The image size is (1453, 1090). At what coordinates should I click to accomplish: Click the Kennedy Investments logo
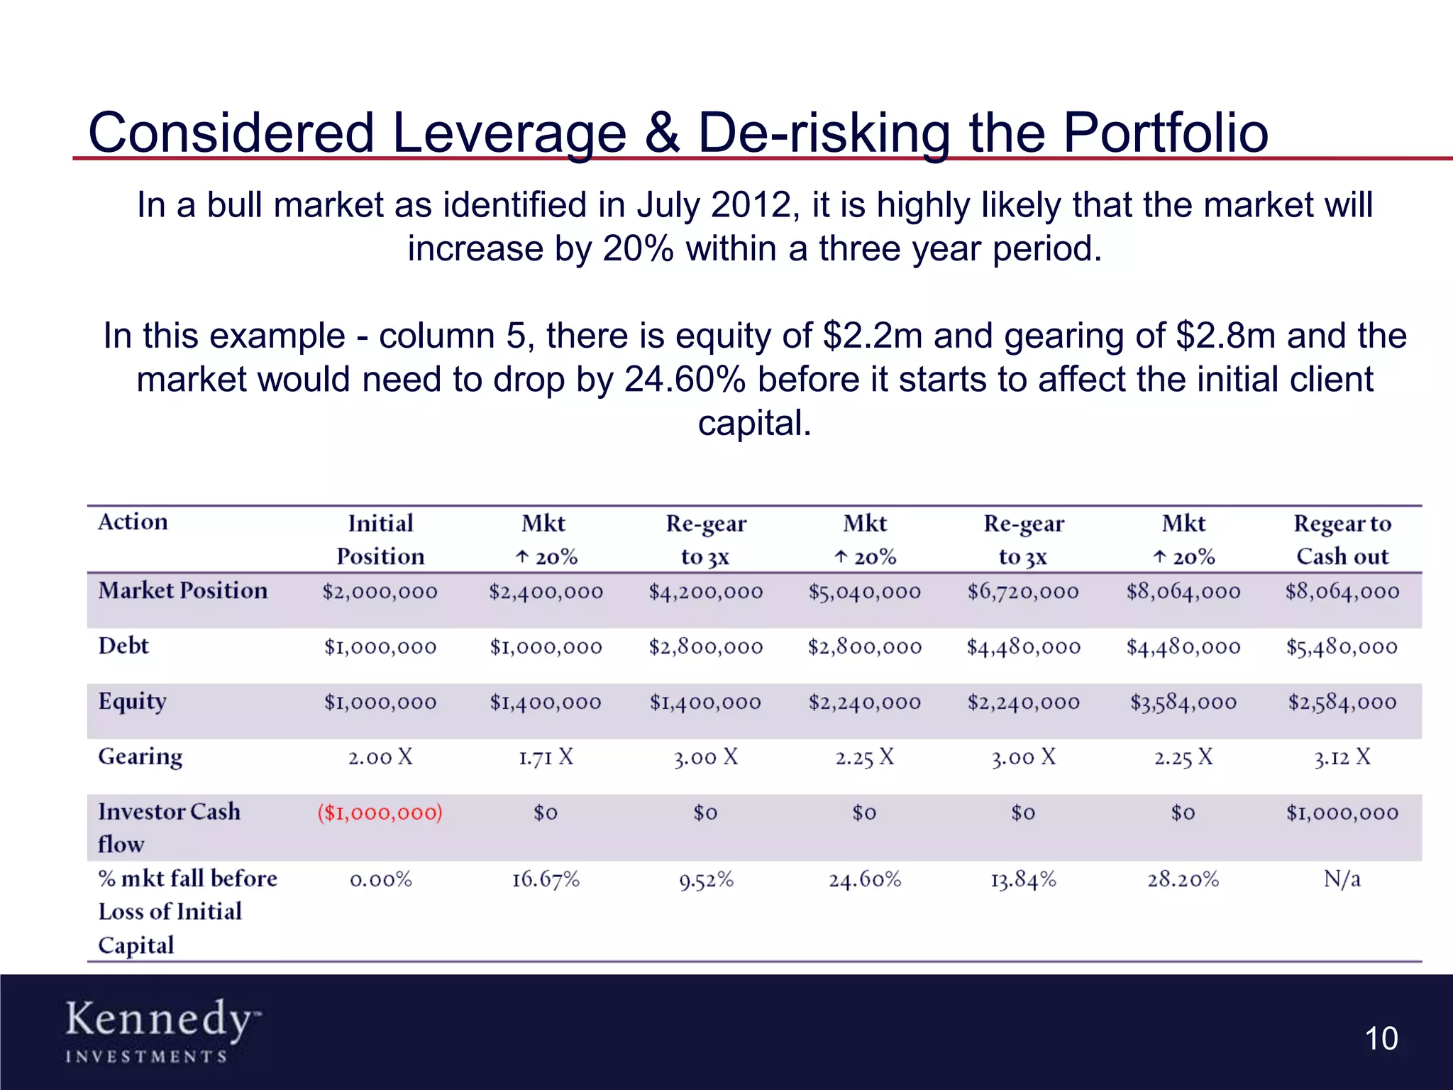(162, 1030)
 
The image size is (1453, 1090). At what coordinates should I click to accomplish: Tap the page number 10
(1381, 1039)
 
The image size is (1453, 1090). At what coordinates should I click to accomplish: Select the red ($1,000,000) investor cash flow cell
(380, 813)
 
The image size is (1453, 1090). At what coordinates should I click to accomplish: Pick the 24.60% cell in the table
(865, 880)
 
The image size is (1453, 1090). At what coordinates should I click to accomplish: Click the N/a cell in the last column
(1342, 879)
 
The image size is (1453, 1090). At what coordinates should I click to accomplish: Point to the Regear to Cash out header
(1342, 539)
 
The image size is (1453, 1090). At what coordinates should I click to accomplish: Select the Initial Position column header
(380, 539)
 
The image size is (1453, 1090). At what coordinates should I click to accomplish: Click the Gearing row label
(140, 756)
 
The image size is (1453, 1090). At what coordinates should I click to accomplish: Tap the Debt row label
(123, 646)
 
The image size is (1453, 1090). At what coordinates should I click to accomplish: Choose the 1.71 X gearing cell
(546, 757)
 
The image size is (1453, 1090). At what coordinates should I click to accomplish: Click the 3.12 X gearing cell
(1342, 757)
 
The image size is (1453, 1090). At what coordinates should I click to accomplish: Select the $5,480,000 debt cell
(1342, 646)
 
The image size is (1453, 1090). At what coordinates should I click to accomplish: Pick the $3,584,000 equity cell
(1183, 703)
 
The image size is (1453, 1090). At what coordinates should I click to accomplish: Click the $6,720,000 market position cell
(1023, 591)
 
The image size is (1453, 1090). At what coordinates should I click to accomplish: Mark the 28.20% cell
(1183, 880)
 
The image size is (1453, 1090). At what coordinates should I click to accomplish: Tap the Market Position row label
(183, 590)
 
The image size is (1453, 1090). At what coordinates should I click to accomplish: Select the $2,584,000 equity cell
(1342, 703)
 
